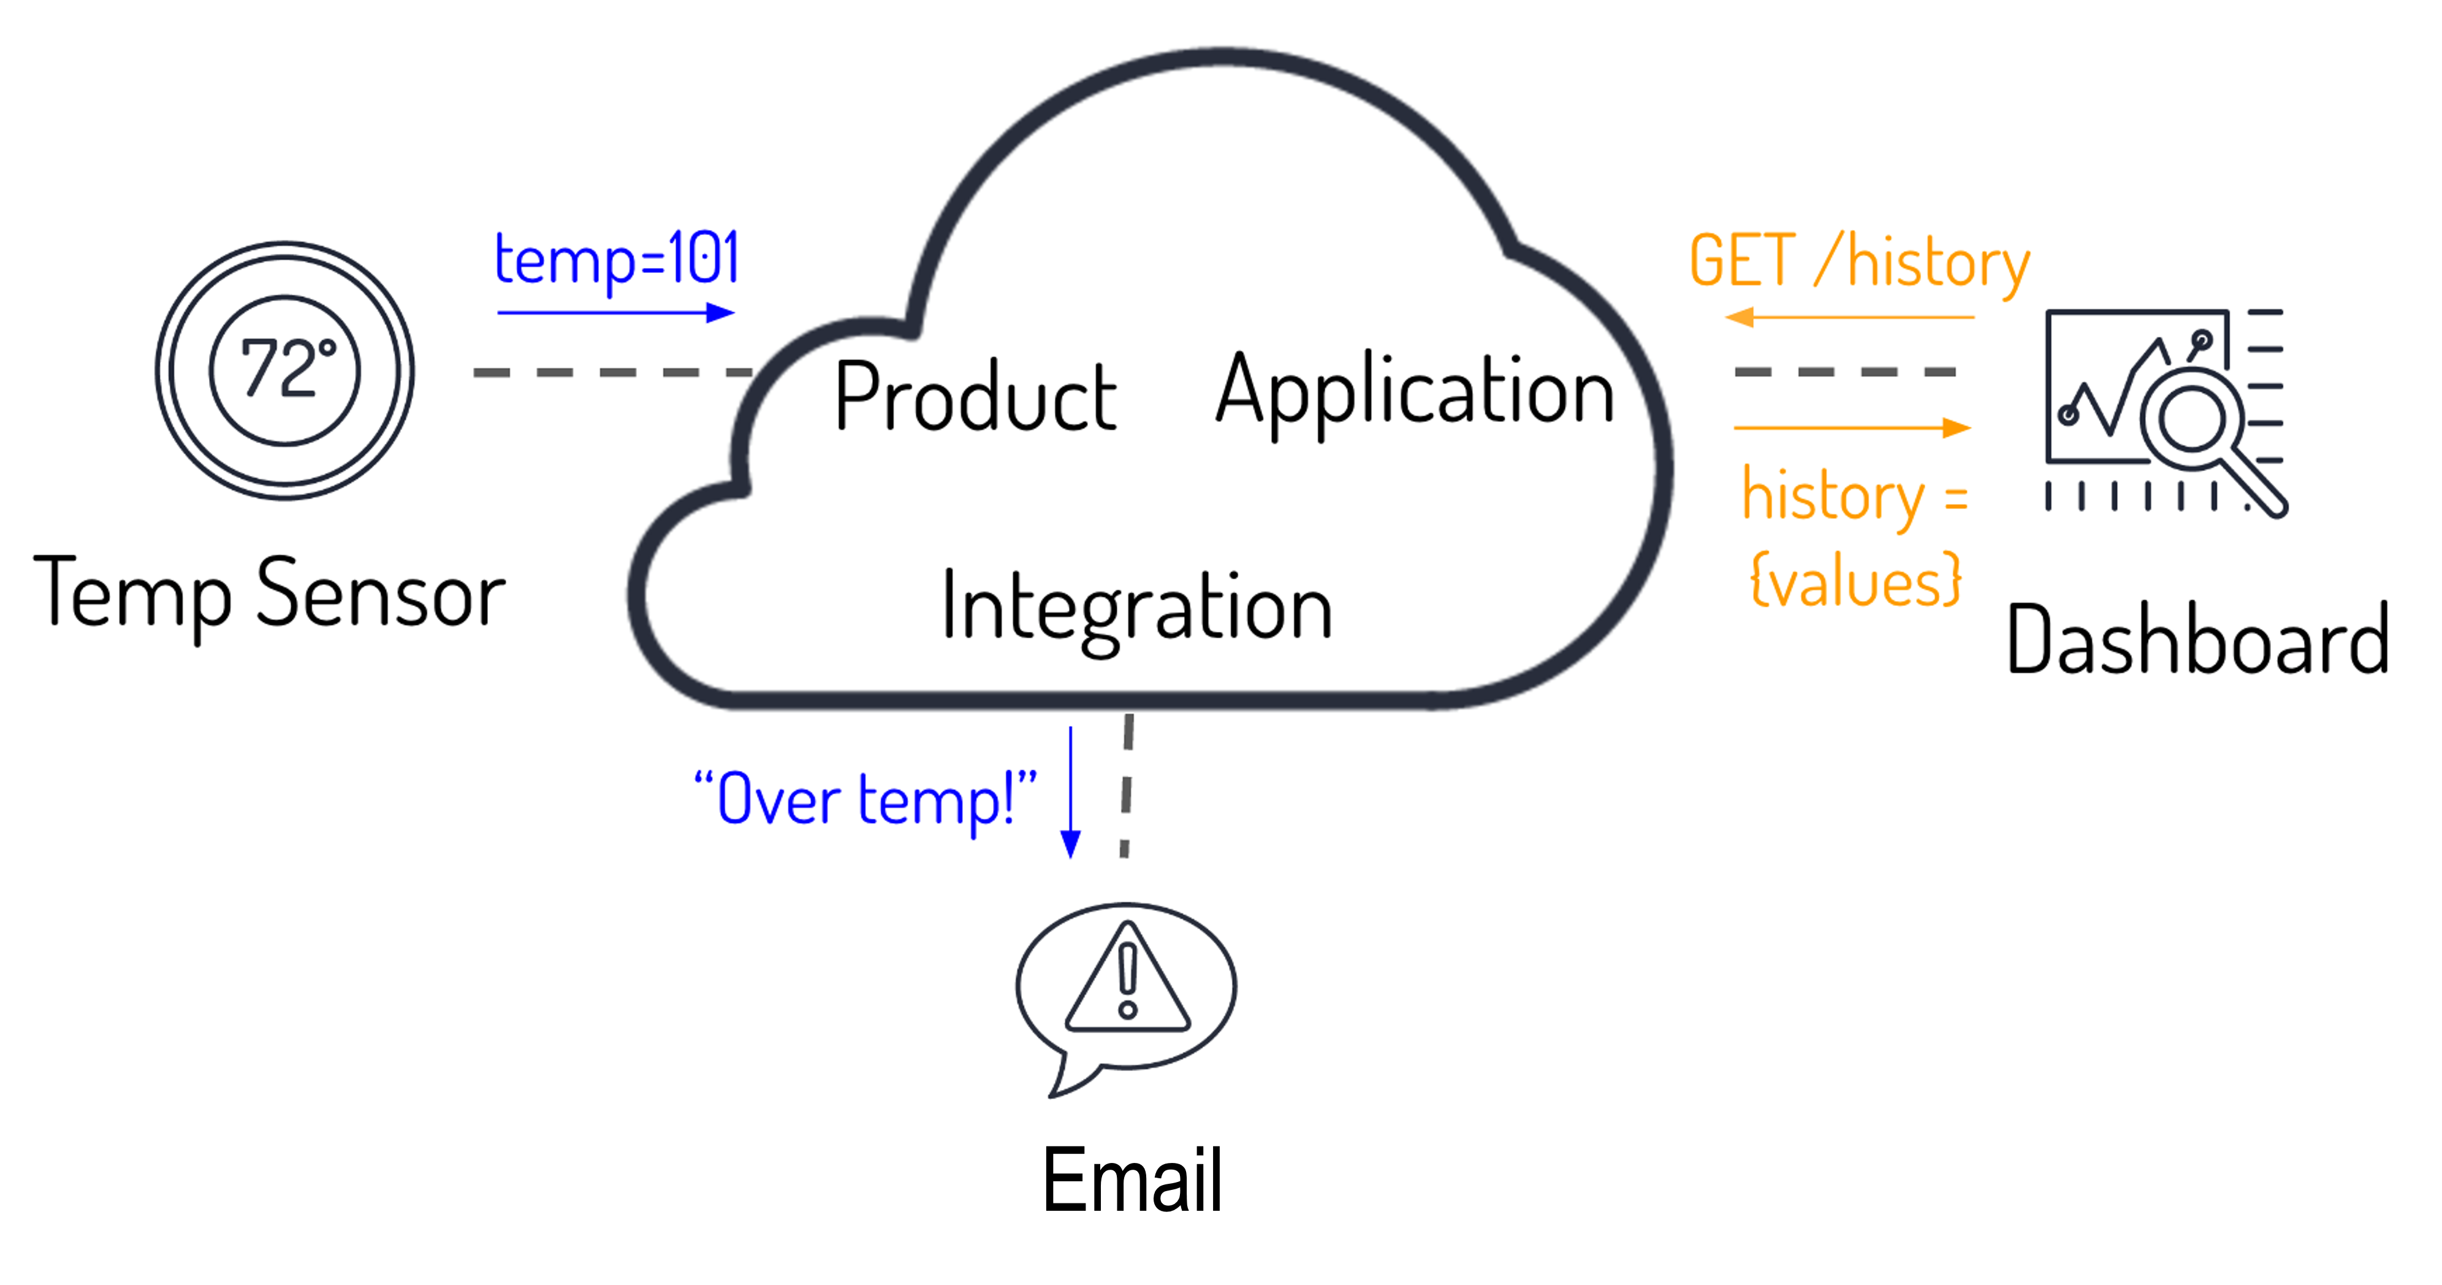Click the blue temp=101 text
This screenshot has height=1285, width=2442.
616,259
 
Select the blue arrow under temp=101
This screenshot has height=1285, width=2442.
615,313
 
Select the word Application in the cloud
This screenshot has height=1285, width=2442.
1415,391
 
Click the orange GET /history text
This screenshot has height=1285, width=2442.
1858,262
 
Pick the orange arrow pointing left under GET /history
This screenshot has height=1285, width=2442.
1849,318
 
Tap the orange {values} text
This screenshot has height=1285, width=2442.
1854,580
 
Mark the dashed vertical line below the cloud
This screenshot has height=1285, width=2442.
1126,787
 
